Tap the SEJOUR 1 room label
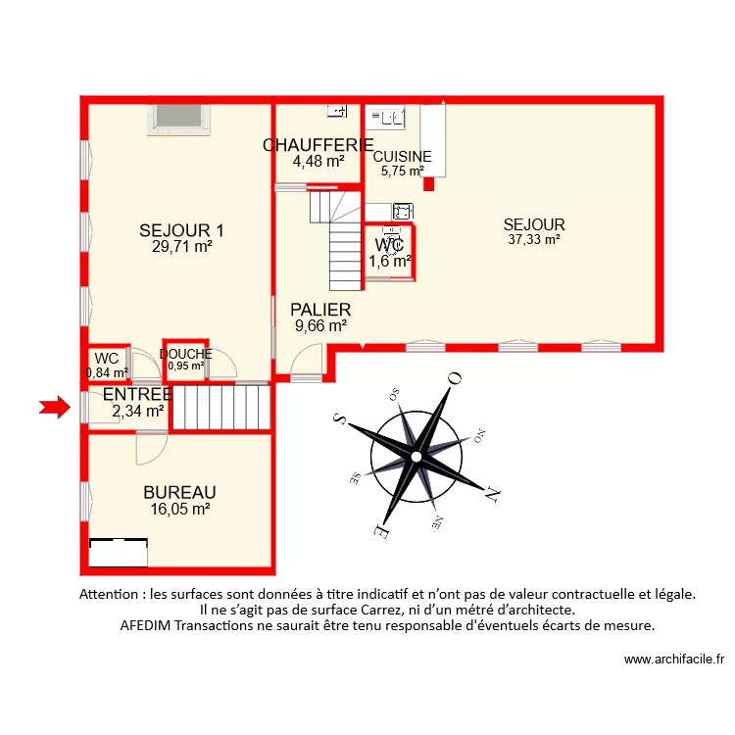pos(182,231)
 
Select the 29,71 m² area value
pos(182,248)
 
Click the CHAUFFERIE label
pos(318,145)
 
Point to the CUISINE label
pos(402,156)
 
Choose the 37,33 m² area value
pos(534,239)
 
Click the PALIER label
pos(320,310)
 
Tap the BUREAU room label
pos(179,492)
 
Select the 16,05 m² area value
pos(179,509)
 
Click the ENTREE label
pos(137,394)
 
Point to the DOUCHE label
pos(185,354)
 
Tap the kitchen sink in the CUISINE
pos(386,119)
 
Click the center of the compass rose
pos(416,457)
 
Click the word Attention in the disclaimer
pos(109,594)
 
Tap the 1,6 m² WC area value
pos(389,261)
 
